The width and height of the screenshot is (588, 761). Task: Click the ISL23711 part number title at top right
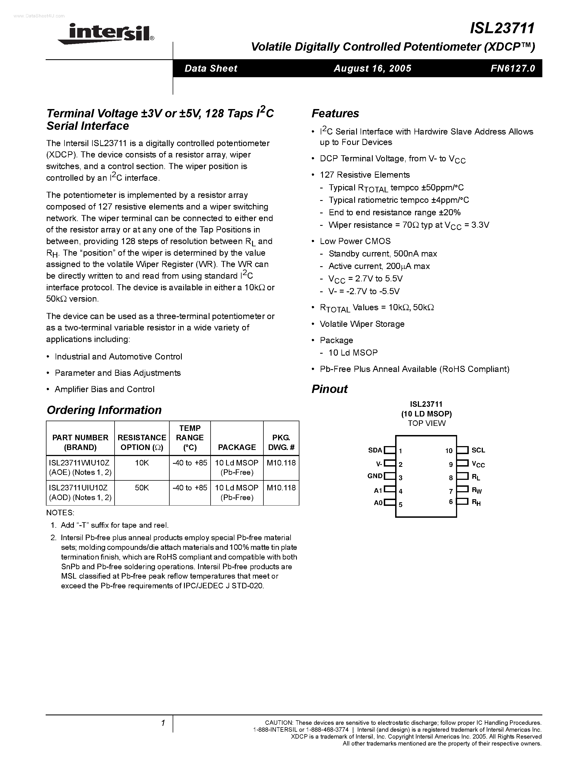[x=502, y=28]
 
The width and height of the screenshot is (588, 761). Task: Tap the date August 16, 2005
[x=372, y=68]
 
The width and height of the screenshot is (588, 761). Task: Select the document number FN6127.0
[x=512, y=68]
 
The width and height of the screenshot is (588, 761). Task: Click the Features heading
[x=335, y=113]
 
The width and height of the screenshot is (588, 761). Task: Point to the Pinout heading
[x=329, y=389]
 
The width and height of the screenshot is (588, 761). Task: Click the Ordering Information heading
[x=104, y=410]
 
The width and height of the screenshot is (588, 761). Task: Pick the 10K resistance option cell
[x=142, y=463]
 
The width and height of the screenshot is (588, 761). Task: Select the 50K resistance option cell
[x=142, y=488]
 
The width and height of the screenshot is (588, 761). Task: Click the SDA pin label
[x=375, y=450]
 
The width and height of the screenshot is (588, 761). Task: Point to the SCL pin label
[x=478, y=450]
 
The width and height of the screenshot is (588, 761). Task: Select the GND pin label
[x=375, y=476]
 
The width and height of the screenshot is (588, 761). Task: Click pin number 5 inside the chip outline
[x=401, y=504]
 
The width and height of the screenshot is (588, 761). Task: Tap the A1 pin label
[x=378, y=491]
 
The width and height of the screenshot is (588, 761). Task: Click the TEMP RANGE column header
[x=190, y=438]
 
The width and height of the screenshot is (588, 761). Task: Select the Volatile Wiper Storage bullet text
[x=362, y=324]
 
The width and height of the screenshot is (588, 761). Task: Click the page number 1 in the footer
[x=163, y=723]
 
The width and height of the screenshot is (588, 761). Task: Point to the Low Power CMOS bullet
[x=355, y=241]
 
